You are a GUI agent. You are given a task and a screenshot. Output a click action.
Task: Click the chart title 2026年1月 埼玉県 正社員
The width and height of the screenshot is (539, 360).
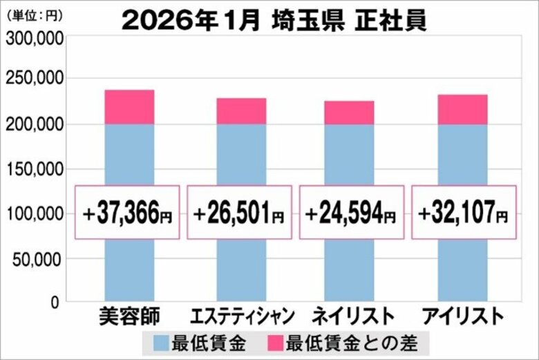click(274, 20)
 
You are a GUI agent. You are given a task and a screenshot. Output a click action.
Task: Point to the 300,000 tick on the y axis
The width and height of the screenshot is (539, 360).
click(35, 39)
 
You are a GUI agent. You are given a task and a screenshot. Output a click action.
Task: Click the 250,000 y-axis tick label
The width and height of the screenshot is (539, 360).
click(35, 79)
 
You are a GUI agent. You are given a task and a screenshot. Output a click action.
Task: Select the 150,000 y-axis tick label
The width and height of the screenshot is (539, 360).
click(35, 169)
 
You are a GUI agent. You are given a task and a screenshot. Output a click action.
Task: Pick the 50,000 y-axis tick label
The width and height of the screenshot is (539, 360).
click(39, 259)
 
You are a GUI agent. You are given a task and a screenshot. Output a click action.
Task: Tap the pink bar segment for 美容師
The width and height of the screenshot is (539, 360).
click(129, 107)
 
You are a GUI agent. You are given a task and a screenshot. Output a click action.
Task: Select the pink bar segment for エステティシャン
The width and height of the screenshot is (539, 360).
click(241, 111)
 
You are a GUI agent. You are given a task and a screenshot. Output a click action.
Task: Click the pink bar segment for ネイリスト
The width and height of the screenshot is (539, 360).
click(349, 113)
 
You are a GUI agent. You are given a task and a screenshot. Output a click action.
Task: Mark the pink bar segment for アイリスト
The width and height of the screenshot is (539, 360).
click(462, 109)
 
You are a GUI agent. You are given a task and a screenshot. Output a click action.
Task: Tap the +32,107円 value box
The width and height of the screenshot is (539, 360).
click(464, 213)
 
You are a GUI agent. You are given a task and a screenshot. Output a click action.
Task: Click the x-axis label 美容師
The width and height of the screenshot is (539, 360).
click(129, 317)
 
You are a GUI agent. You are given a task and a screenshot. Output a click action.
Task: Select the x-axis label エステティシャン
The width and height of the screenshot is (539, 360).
click(241, 317)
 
